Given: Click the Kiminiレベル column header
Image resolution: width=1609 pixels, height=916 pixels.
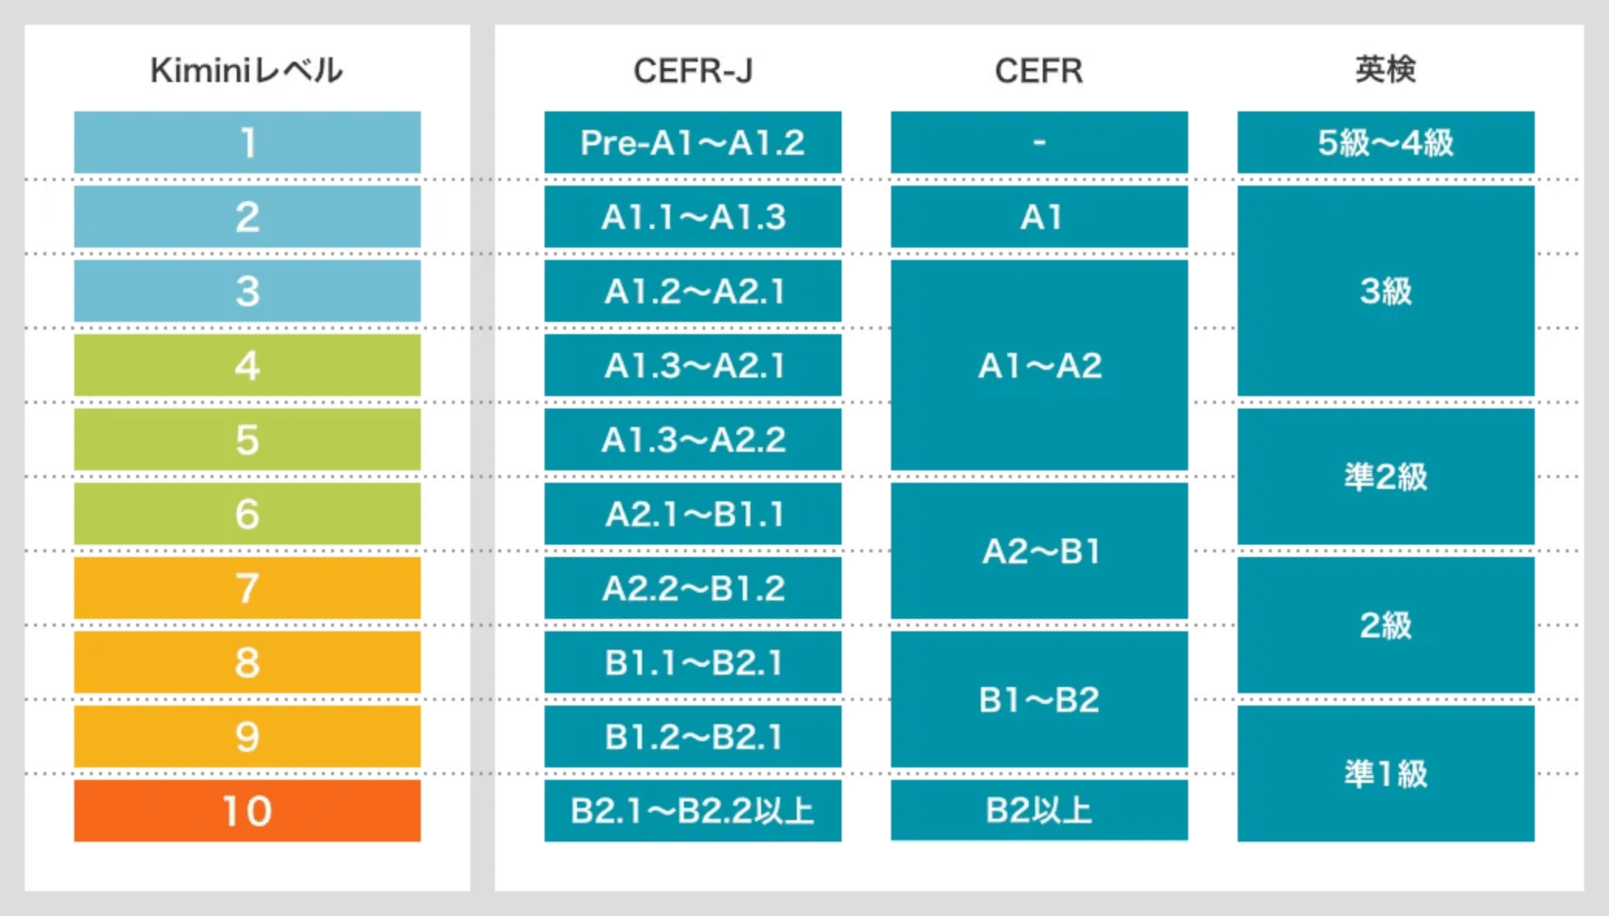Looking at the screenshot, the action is (246, 70).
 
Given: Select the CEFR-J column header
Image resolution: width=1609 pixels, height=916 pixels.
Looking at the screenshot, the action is (692, 70).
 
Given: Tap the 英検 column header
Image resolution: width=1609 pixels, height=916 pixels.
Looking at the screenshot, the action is (1385, 70).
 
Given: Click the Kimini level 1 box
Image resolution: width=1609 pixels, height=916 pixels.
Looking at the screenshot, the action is (248, 142).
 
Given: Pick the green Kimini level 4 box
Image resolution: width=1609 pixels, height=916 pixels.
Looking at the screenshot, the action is (248, 365).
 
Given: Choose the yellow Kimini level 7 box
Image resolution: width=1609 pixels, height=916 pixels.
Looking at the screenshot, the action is (248, 588).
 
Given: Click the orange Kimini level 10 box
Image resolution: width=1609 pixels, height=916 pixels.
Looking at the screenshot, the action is (248, 811).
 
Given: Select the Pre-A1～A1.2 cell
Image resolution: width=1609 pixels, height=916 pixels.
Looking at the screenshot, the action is (693, 142).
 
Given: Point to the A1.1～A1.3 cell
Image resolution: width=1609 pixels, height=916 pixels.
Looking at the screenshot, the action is (693, 217).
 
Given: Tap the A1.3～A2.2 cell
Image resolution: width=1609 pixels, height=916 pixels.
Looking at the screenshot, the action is (693, 439).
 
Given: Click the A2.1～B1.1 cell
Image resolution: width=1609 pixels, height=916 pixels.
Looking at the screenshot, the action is (693, 514).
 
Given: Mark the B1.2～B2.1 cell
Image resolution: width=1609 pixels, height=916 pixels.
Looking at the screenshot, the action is (693, 737).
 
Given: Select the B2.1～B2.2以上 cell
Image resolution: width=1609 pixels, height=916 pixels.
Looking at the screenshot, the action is (693, 811).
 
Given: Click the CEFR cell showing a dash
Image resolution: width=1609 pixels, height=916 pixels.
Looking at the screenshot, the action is (1040, 142).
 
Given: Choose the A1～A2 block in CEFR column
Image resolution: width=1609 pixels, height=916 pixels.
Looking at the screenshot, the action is (1040, 365).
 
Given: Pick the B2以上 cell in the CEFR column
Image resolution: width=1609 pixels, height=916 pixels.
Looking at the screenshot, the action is (1040, 810).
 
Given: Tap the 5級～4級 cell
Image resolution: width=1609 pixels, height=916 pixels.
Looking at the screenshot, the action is (1386, 142).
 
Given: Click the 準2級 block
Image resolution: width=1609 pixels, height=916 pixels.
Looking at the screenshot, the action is (1386, 477).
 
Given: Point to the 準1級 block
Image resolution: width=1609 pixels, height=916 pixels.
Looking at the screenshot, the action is (1386, 774).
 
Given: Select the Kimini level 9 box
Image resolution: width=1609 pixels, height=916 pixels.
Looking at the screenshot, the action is (248, 737).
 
